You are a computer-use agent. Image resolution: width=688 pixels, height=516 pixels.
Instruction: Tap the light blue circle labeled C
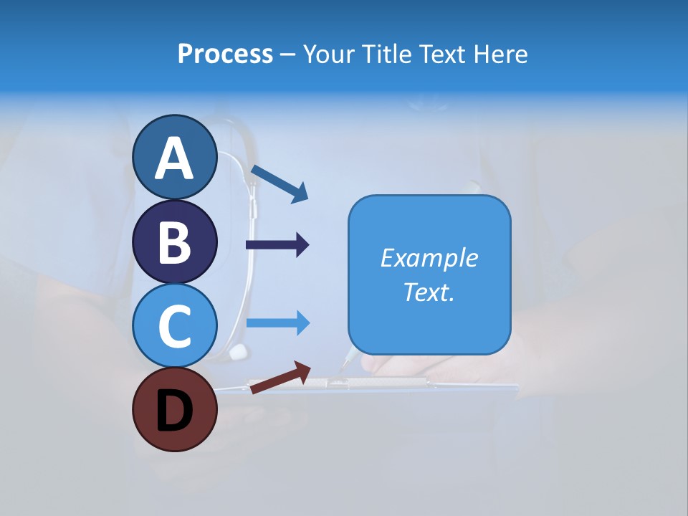point(174,325)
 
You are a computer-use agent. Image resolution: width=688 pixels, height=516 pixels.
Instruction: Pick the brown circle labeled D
point(174,409)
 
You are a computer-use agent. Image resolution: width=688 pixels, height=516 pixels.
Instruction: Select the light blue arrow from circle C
point(277,323)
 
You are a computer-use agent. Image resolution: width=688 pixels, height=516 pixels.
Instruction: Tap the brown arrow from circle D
point(280,377)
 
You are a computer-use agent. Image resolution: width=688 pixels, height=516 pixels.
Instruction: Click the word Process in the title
point(225,54)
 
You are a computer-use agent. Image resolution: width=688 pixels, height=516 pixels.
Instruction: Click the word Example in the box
point(429,258)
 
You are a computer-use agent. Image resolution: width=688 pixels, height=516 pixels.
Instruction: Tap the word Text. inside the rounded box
point(429,292)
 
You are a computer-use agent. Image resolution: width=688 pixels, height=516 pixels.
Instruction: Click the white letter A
point(174,159)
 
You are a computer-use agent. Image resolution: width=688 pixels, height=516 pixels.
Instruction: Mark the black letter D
point(174,412)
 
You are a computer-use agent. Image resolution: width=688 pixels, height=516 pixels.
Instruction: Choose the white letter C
point(174,327)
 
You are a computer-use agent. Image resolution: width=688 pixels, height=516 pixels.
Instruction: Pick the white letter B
point(174,242)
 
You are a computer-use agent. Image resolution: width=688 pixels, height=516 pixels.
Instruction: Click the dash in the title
point(288,55)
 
